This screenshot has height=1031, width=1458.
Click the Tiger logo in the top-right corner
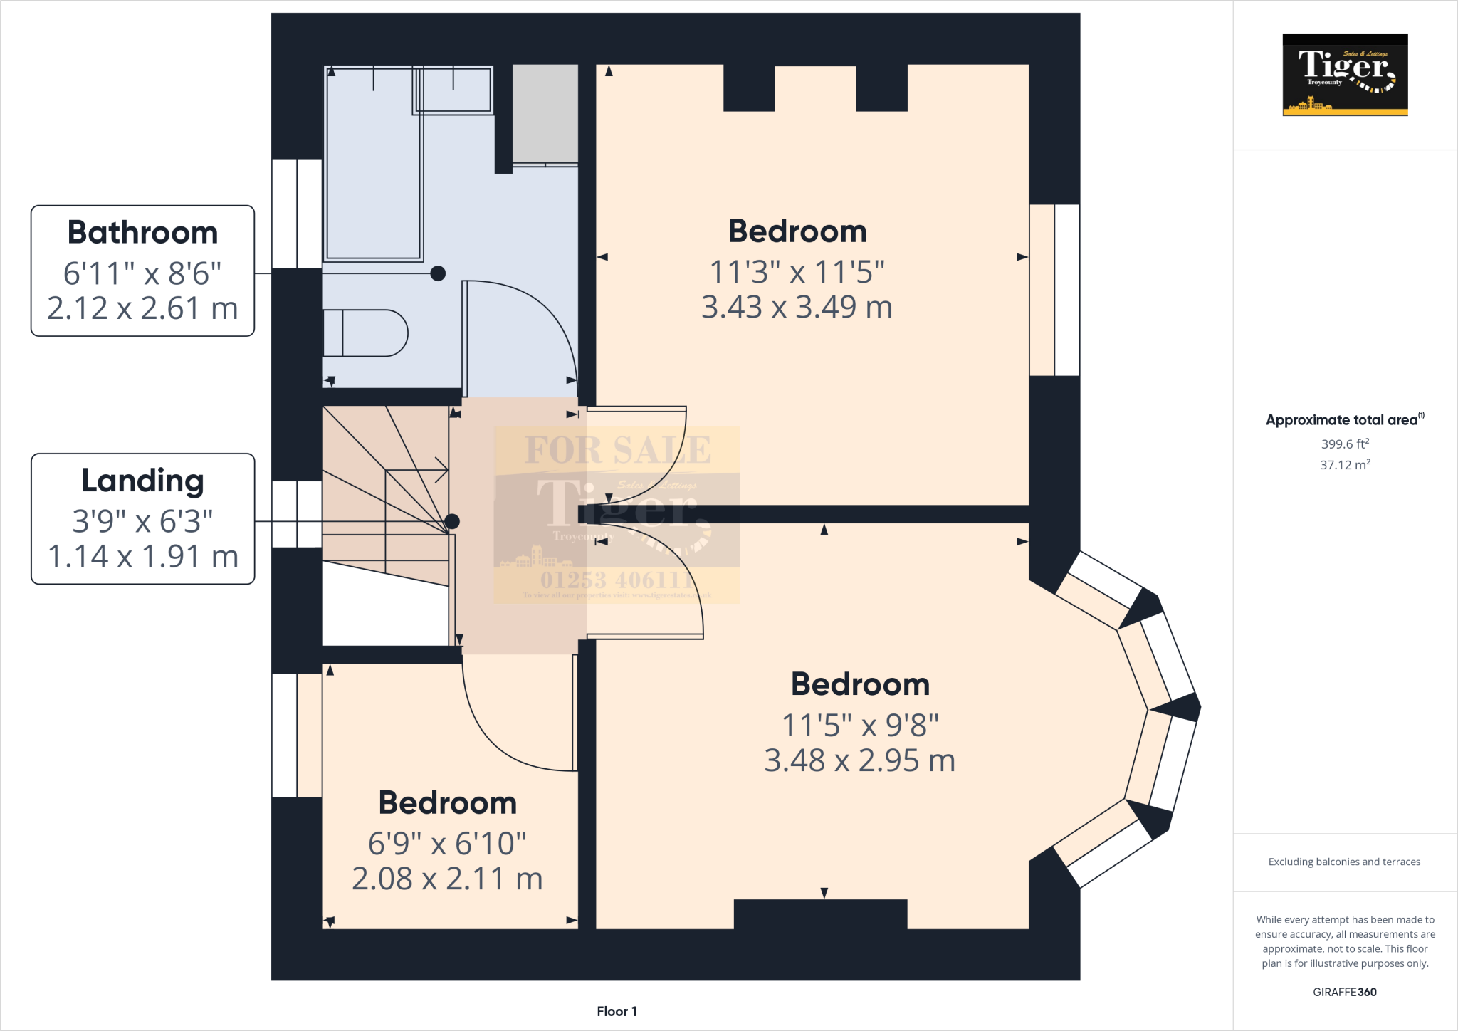point(1345,75)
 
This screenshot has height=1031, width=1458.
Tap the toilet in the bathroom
point(365,333)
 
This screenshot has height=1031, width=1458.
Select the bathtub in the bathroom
point(373,164)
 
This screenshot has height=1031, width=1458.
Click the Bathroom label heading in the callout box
point(142,233)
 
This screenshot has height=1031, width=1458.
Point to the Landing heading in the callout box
point(142,481)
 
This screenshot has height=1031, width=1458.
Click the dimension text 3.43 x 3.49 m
point(797,307)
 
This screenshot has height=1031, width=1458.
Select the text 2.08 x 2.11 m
point(447,879)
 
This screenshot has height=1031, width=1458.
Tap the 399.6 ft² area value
point(1345,444)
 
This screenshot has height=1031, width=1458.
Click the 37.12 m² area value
point(1345,465)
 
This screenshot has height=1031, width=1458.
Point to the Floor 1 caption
point(617,1011)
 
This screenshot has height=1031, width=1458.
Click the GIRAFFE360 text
point(1344,992)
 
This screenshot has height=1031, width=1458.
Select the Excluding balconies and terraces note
point(1344,862)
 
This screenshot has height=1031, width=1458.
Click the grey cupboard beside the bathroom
point(545,114)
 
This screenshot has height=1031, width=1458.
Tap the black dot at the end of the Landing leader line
point(452,522)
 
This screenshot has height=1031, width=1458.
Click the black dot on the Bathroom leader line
point(438,273)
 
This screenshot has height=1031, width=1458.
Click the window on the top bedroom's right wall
point(1054,290)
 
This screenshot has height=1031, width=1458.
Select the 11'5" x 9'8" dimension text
point(860,726)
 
